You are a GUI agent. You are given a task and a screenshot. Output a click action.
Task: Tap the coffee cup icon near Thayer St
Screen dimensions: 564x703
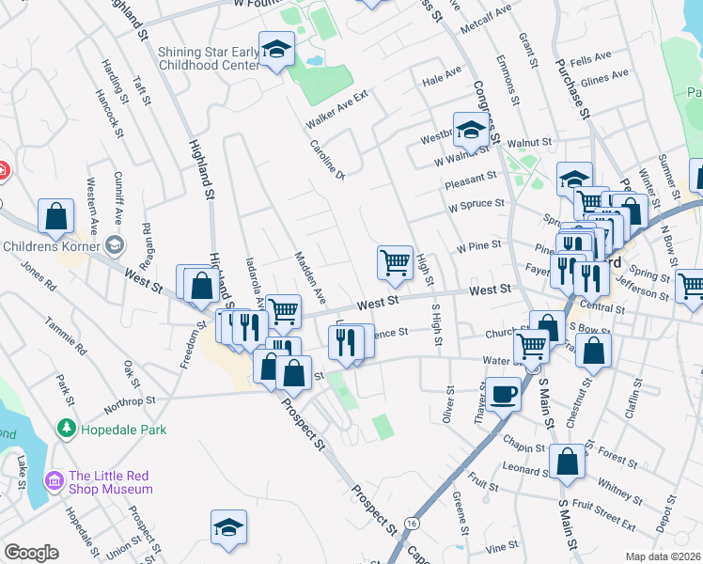tap(503, 394)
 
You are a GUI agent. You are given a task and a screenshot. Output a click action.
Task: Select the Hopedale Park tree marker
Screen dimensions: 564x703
tap(66, 430)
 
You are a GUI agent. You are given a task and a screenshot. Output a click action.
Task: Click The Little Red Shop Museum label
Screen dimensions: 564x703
tap(110, 482)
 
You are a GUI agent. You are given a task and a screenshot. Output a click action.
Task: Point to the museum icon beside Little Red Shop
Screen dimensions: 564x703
tap(55, 482)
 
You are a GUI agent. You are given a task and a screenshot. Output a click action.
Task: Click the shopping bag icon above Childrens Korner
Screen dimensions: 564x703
tap(56, 216)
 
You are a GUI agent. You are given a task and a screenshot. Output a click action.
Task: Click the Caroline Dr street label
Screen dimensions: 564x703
tap(329, 160)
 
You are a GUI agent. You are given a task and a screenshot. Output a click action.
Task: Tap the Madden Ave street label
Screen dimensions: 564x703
tap(309, 276)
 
